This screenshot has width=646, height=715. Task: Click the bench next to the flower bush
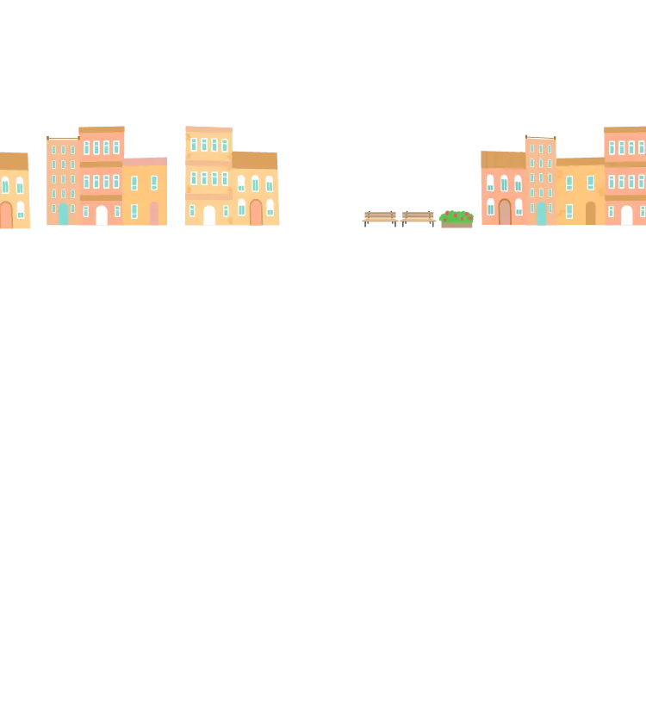click(418, 217)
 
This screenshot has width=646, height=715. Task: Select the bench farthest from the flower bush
click(378, 217)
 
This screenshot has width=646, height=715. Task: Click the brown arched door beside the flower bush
click(505, 212)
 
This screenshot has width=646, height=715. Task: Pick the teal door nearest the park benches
click(541, 214)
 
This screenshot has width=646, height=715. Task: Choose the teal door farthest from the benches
click(63, 214)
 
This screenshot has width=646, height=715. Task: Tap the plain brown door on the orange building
click(590, 214)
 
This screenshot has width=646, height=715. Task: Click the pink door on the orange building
click(154, 214)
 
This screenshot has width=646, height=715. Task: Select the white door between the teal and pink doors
click(102, 215)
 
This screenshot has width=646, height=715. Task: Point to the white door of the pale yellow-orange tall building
click(208, 215)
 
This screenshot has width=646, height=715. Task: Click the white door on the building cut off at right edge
click(626, 215)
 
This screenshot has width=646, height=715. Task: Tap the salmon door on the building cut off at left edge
click(6, 214)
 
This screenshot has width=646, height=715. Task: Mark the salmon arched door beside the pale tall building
click(256, 213)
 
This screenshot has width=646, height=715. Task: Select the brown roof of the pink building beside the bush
click(502, 159)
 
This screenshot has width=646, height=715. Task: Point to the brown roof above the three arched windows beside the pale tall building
click(256, 161)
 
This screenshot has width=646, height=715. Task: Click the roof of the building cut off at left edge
click(14, 161)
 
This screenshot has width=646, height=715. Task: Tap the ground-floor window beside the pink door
click(134, 211)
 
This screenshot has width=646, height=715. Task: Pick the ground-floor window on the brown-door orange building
click(568, 211)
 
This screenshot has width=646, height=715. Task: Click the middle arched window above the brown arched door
click(504, 183)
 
